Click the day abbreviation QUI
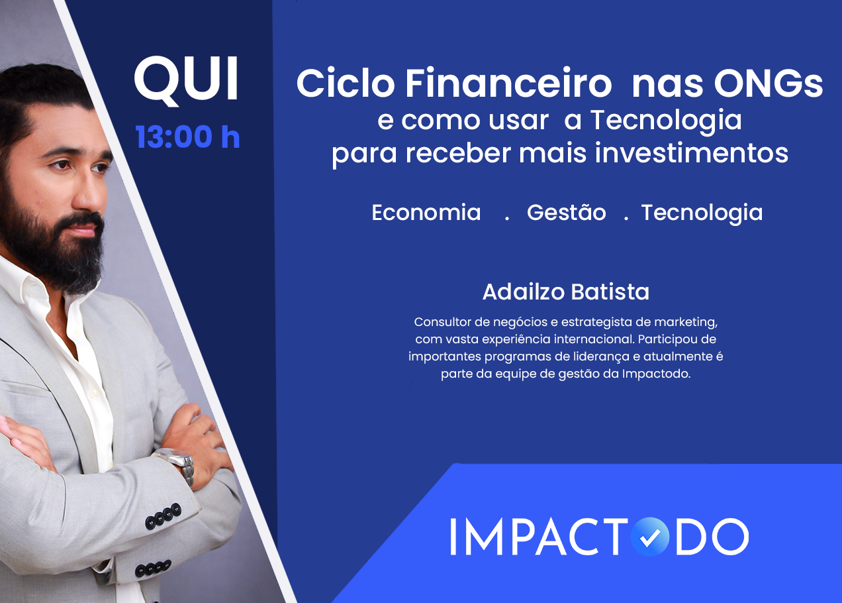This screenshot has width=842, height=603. (186, 80)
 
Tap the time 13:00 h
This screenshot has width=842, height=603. (187, 137)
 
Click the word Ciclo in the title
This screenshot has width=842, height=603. (345, 84)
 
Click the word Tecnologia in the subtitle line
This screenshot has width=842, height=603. (665, 120)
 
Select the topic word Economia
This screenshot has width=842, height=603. (426, 213)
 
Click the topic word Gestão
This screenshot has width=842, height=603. (566, 213)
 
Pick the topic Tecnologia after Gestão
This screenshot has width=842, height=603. (702, 213)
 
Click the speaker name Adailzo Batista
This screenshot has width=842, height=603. (566, 292)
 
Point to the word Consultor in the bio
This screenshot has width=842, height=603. (442, 322)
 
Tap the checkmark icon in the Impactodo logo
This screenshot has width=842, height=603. (649, 537)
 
